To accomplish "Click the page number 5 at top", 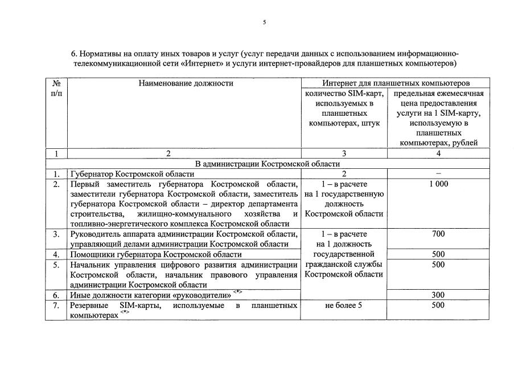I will tap(264, 22).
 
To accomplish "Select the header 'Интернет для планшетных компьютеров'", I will tap(395, 83).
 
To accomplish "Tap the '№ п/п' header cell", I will tap(56, 88).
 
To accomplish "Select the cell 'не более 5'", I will tap(344, 306).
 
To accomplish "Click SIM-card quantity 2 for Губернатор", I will tap(344, 173).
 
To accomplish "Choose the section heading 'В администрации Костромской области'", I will tap(267, 164).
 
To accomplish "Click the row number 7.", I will tap(56, 306).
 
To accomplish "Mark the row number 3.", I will tap(56, 234).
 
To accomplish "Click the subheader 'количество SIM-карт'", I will tap(344, 93).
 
